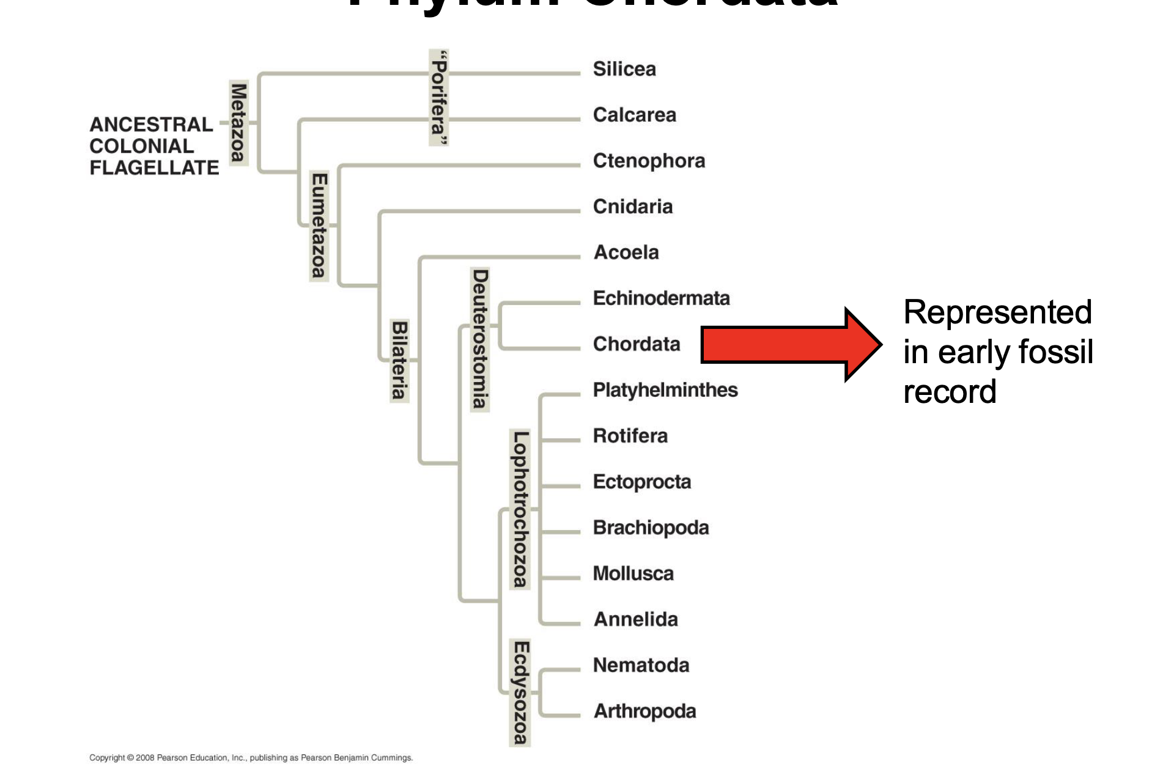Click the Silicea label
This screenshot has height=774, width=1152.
[624, 69]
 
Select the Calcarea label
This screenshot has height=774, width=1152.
[634, 115]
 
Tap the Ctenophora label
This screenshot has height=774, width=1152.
[649, 161]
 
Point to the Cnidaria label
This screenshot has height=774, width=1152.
[633, 207]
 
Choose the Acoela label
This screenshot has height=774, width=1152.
[626, 252]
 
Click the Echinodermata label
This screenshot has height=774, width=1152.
[661, 298]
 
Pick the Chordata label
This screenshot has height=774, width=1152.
[637, 344]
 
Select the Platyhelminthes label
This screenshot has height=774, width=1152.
[665, 390]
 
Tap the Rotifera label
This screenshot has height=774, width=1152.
[630, 436]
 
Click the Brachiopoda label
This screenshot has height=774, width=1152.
[651, 528]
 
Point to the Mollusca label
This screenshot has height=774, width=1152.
[633, 573]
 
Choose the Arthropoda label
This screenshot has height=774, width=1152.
[644, 711]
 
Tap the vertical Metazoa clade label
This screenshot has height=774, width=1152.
[238, 122]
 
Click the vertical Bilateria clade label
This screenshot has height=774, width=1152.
[399, 360]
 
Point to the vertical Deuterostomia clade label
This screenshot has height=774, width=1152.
[480, 339]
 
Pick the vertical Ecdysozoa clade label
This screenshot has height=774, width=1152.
[520, 693]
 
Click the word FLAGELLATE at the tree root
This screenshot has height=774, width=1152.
[154, 168]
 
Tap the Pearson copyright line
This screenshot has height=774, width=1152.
[251, 757]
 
